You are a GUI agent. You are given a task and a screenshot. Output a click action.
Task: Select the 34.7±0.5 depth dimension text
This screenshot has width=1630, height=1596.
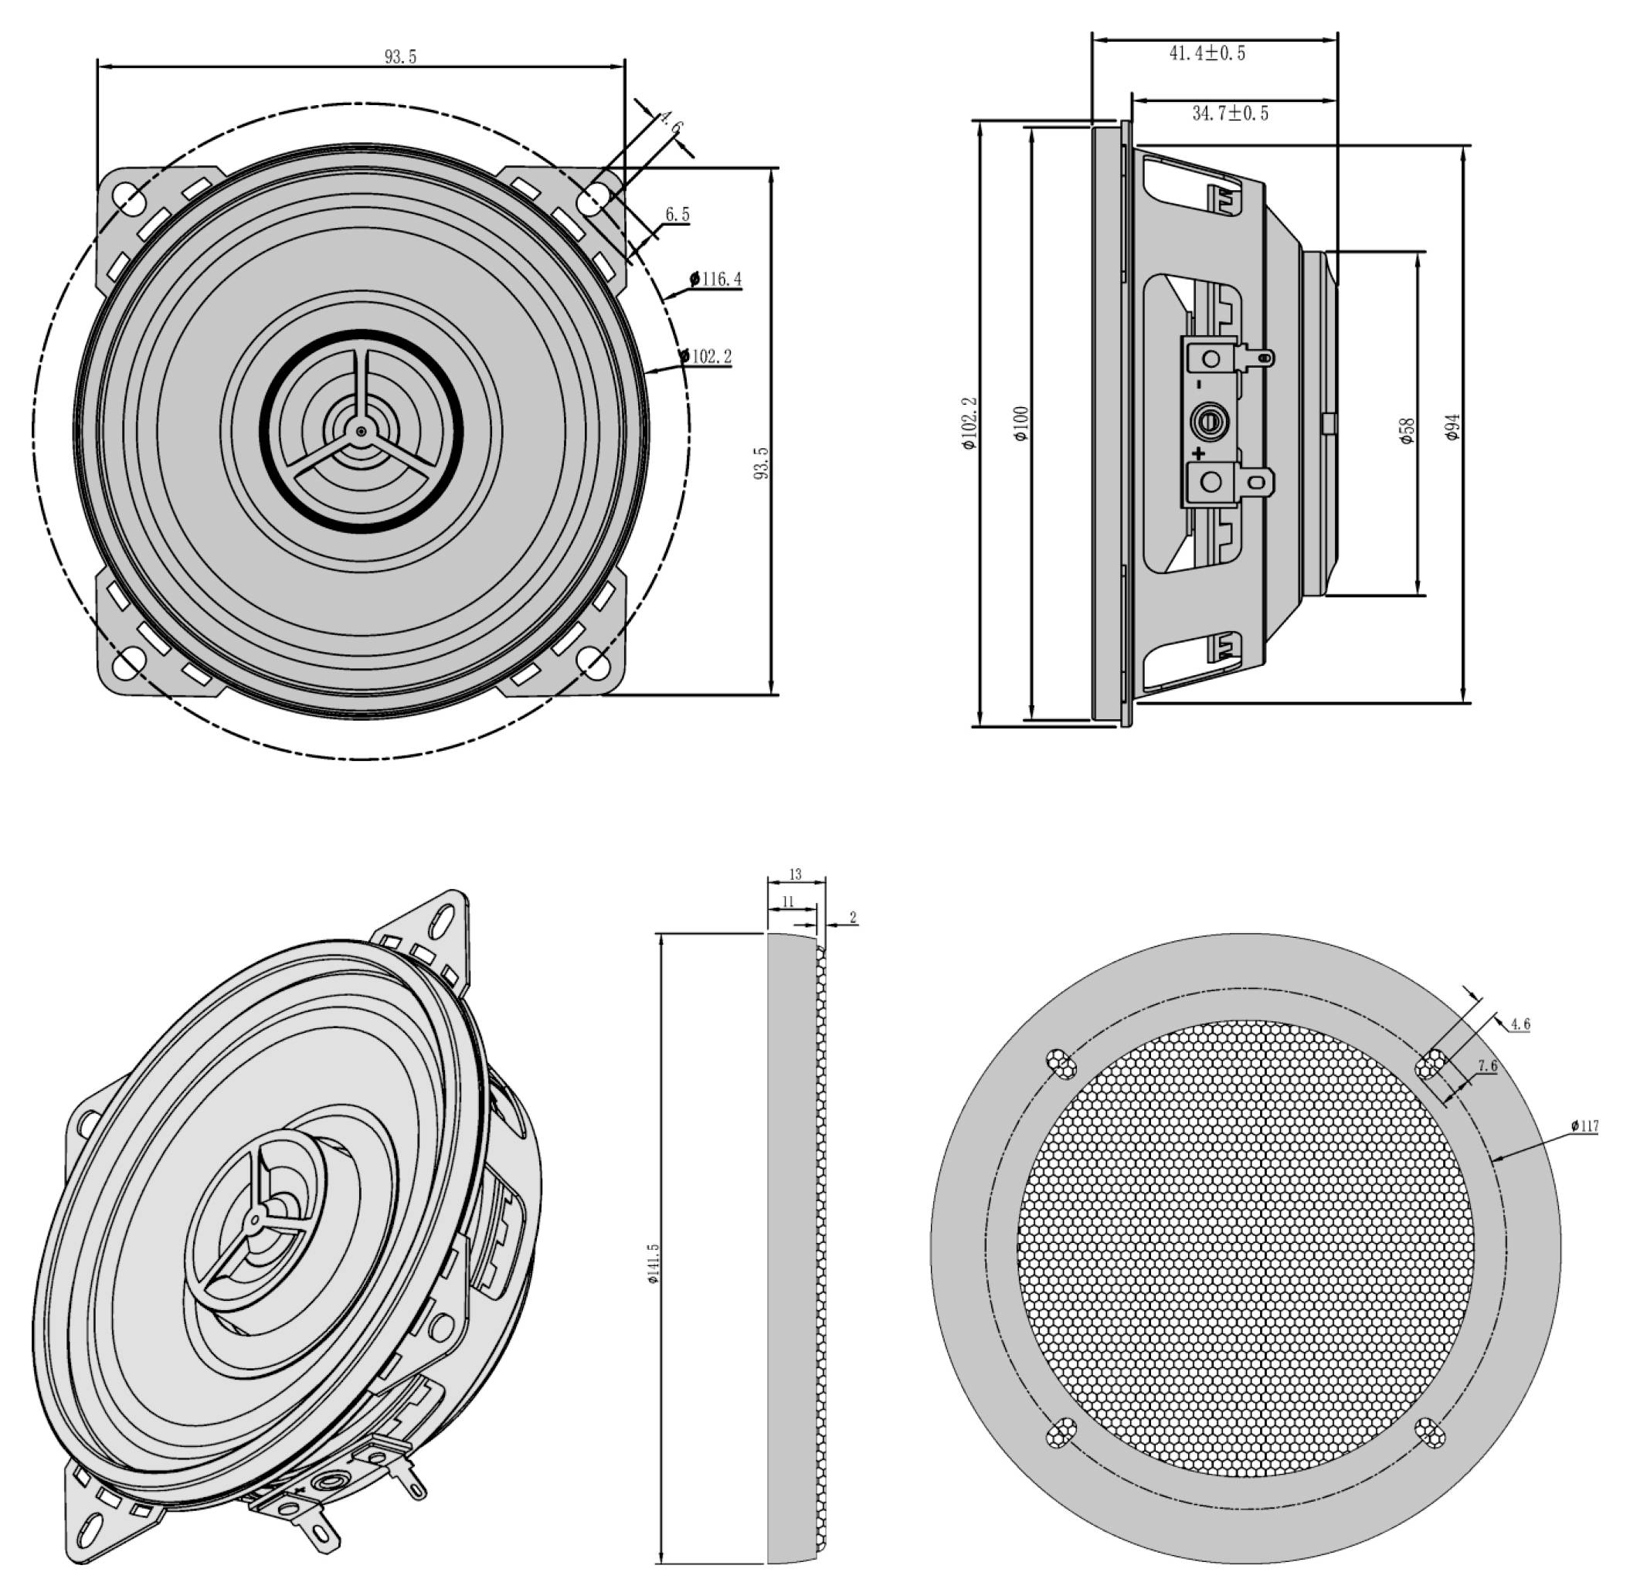tap(1231, 113)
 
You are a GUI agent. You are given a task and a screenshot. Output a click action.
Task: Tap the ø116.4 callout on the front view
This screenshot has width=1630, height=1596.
tap(715, 279)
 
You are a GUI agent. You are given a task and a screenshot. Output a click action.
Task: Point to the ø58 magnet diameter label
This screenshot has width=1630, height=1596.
tap(1407, 431)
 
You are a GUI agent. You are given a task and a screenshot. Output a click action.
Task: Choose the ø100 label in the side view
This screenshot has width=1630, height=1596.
tap(1020, 423)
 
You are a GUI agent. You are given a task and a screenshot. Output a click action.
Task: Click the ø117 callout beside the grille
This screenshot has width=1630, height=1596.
tap(1584, 1126)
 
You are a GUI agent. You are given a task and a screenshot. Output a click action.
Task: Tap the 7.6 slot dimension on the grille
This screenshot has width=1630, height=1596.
tap(1486, 1066)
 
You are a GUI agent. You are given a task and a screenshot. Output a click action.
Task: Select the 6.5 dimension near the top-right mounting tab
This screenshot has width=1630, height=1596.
tap(677, 215)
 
